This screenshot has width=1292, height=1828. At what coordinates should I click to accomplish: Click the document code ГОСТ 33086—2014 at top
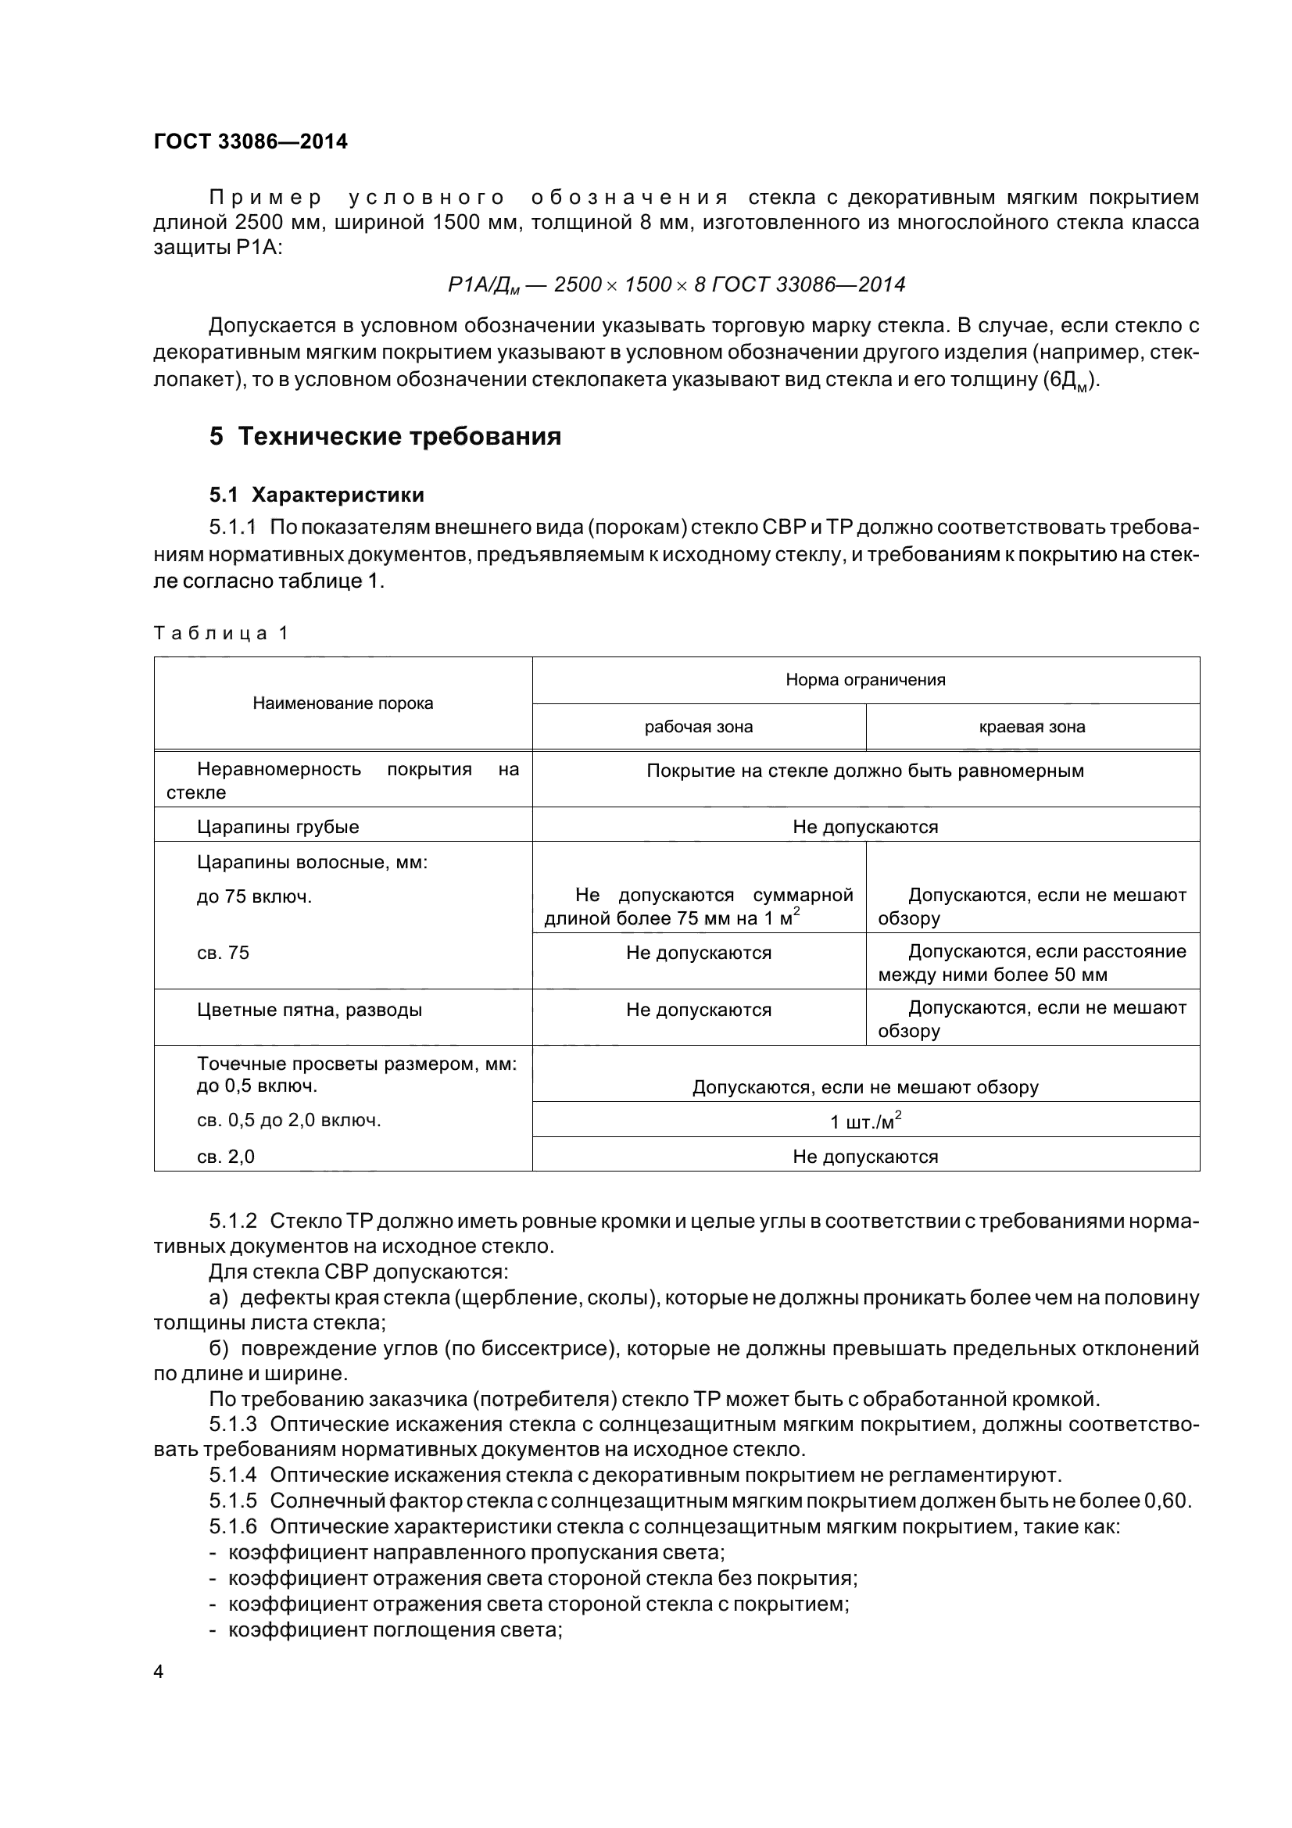tap(250, 141)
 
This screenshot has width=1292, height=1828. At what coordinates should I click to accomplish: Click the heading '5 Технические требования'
tap(385, 436)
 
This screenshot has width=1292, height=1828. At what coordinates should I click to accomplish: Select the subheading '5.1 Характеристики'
tap(317, 495)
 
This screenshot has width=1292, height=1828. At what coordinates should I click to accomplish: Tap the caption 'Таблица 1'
tap(220, 633)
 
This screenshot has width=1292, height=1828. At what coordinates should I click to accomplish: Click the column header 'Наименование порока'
tap(342, 703)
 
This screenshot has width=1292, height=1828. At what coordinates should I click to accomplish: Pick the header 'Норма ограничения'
tap(865, 680)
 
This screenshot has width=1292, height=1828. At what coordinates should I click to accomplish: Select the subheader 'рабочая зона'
tap(698, 726)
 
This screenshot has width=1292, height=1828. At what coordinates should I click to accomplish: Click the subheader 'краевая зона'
tap(1032, 726)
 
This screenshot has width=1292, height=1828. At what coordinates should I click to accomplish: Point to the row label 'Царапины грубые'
tap(277, 826)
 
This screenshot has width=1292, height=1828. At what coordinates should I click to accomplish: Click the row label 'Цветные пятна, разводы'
tap(309, 1010)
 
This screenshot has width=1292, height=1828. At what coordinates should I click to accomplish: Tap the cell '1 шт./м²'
tap(865, 1121)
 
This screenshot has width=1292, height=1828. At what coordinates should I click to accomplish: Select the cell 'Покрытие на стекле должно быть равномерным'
tap(865, 771)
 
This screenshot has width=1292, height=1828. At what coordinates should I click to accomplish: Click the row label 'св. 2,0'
tap(225, 1157)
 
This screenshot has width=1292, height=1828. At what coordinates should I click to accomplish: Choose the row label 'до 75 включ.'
tap(254, 896)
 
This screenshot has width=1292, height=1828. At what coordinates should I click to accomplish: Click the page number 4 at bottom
tap(159, 1672)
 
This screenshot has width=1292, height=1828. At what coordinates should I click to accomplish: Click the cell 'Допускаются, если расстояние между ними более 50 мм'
tap(1032, 963)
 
